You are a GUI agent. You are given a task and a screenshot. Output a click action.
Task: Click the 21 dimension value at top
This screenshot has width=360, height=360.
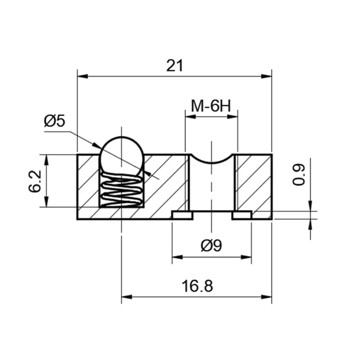[175, 66]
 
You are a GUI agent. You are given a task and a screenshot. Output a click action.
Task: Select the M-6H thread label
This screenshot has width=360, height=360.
[211, 106]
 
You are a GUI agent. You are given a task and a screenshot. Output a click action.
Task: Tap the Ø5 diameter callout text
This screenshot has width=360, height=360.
[54, 121]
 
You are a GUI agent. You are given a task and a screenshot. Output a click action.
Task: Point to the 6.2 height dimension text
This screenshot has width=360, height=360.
[35, 181]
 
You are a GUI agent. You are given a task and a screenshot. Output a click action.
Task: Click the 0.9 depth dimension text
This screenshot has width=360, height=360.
[299, 174]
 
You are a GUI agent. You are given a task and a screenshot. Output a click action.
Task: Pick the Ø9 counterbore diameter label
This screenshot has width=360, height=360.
[211, 246]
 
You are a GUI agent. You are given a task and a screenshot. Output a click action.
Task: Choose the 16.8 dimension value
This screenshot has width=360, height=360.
[197, 286]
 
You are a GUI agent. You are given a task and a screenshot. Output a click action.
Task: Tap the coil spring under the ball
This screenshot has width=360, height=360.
[121, 190]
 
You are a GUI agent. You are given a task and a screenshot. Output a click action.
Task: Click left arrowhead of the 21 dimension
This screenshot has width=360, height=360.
[82, 76]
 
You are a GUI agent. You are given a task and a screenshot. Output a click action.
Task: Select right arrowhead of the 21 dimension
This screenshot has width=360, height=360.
[266, 76]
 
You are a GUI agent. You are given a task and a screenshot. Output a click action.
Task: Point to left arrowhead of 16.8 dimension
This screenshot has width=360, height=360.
[126, 297]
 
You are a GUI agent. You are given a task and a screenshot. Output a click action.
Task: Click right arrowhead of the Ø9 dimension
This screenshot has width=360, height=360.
[246, 257]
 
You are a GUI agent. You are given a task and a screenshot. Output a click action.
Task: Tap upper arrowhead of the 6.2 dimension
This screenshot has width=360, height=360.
[46, 160]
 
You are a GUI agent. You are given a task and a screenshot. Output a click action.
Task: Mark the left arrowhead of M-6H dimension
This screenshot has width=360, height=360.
[190, 117]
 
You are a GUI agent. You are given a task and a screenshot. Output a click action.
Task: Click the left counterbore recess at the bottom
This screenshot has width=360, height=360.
[182, 215]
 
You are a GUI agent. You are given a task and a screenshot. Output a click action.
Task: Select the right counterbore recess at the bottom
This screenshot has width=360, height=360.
[242, 215]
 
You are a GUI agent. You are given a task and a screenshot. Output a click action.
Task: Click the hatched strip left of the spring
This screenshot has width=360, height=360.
[88, 181]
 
